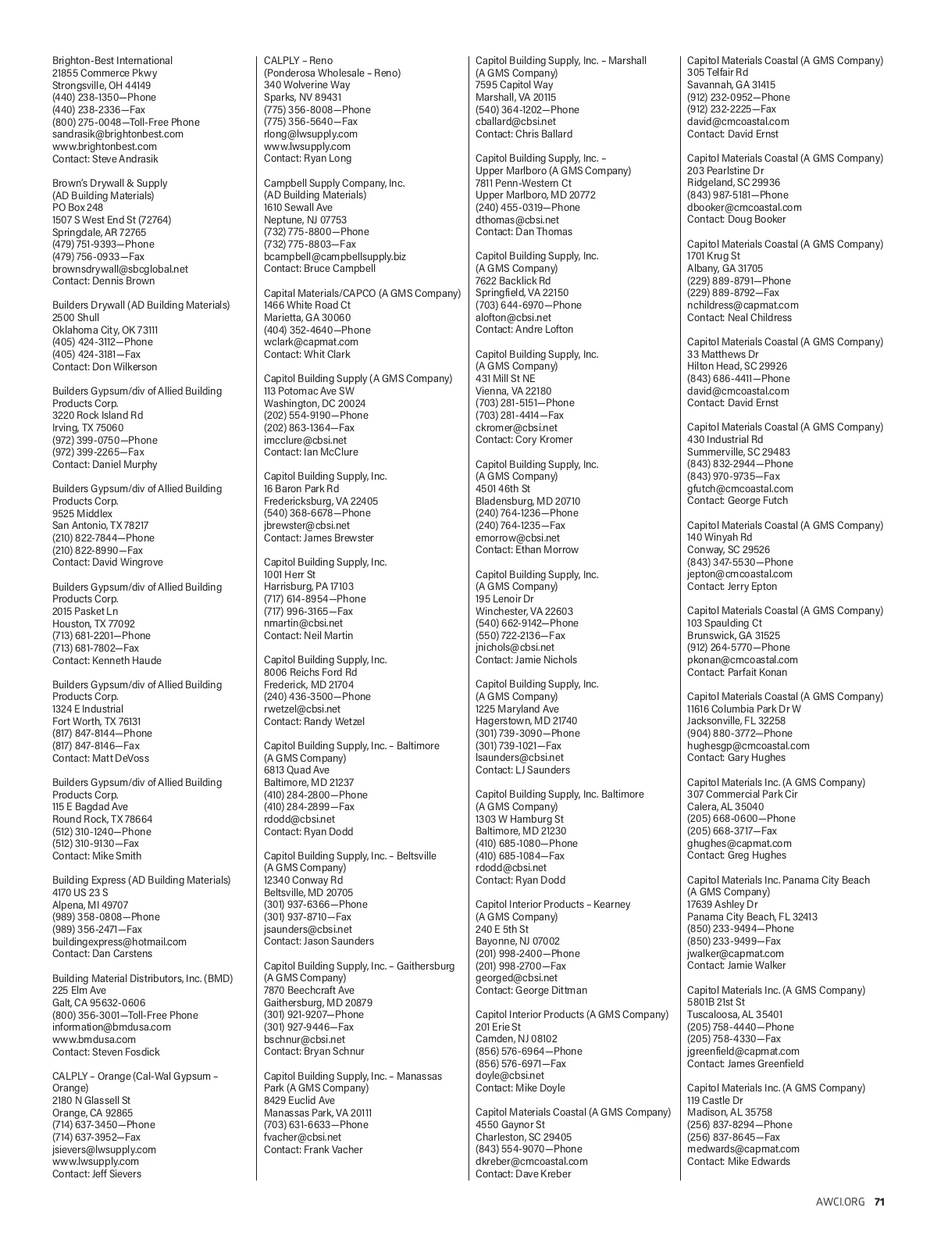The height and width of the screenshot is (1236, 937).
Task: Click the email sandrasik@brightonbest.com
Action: click(x=118, y=134)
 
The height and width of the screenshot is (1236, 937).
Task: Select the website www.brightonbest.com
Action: click(x=105, y=146)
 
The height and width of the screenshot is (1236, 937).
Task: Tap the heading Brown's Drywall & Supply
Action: click(x=110, y=183)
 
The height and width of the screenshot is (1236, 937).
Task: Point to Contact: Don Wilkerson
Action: click(x=105, y=366)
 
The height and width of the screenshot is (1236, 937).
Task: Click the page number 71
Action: click(x=879, y=1202)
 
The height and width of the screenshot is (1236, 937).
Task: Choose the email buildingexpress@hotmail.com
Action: click(x=119, y=941)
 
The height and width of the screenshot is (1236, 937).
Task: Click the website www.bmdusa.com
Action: click(x=94, y=1039)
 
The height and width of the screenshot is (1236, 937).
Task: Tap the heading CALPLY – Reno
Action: click(x=298, y=60)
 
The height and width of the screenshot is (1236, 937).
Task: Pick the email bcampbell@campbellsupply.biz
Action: click(x=335, y=256)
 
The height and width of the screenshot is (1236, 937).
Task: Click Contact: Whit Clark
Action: click(x=307, y=354)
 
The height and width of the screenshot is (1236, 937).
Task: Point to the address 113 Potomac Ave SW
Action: click(x=309, y=391)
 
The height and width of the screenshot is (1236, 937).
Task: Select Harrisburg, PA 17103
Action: click(x=308, y=586)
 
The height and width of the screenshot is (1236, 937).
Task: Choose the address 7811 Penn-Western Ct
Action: click(x=523, y=183)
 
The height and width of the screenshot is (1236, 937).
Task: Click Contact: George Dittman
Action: click(x=531, y=990)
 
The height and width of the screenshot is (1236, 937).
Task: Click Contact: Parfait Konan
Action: click(x=737, y=672)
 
